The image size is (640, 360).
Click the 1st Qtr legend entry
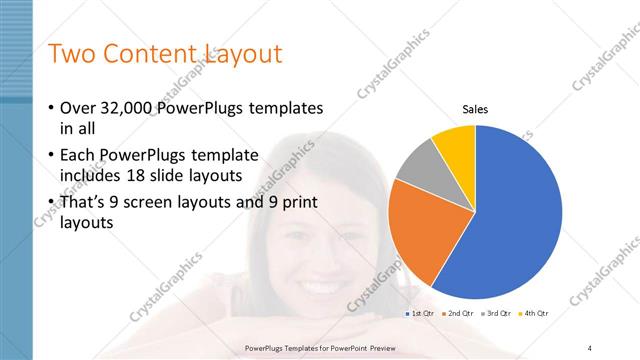coord(423,313)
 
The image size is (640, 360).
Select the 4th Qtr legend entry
coord(539,313)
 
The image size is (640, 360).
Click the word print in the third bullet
coord(297,202)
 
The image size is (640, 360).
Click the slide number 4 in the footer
coord(590,347)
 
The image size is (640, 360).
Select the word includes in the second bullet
coord(90,177)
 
